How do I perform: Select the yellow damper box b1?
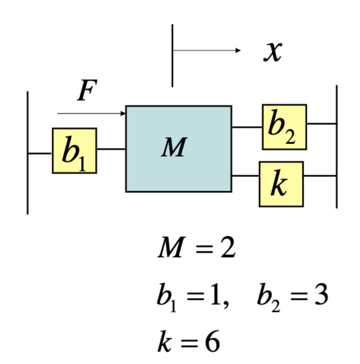75,151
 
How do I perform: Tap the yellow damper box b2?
284,127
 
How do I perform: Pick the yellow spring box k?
281,184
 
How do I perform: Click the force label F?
85,91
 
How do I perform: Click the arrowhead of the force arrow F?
123,113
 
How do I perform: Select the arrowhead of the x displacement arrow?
238,50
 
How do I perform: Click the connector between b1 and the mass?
111,149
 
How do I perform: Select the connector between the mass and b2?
247,127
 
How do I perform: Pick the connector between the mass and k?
245,176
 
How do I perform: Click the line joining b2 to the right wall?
321,124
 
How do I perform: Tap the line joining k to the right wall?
319,176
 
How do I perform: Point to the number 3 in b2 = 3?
319,296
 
